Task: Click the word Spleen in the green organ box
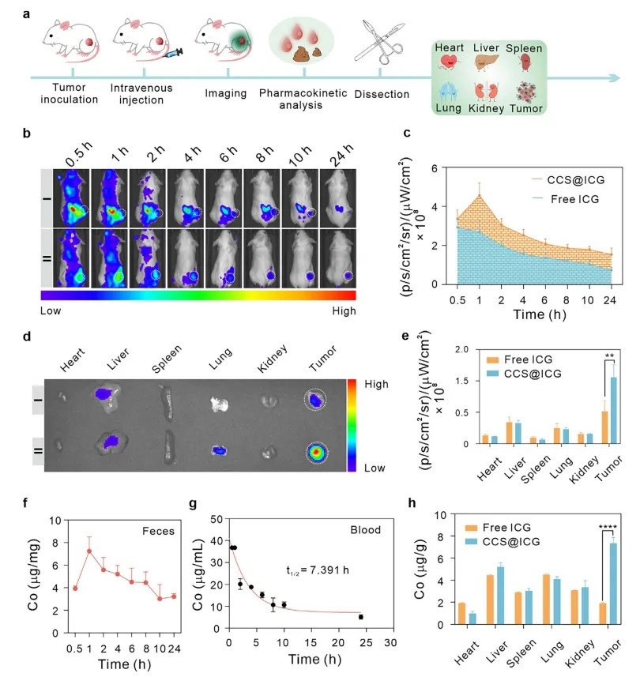click(x=525, y=49)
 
